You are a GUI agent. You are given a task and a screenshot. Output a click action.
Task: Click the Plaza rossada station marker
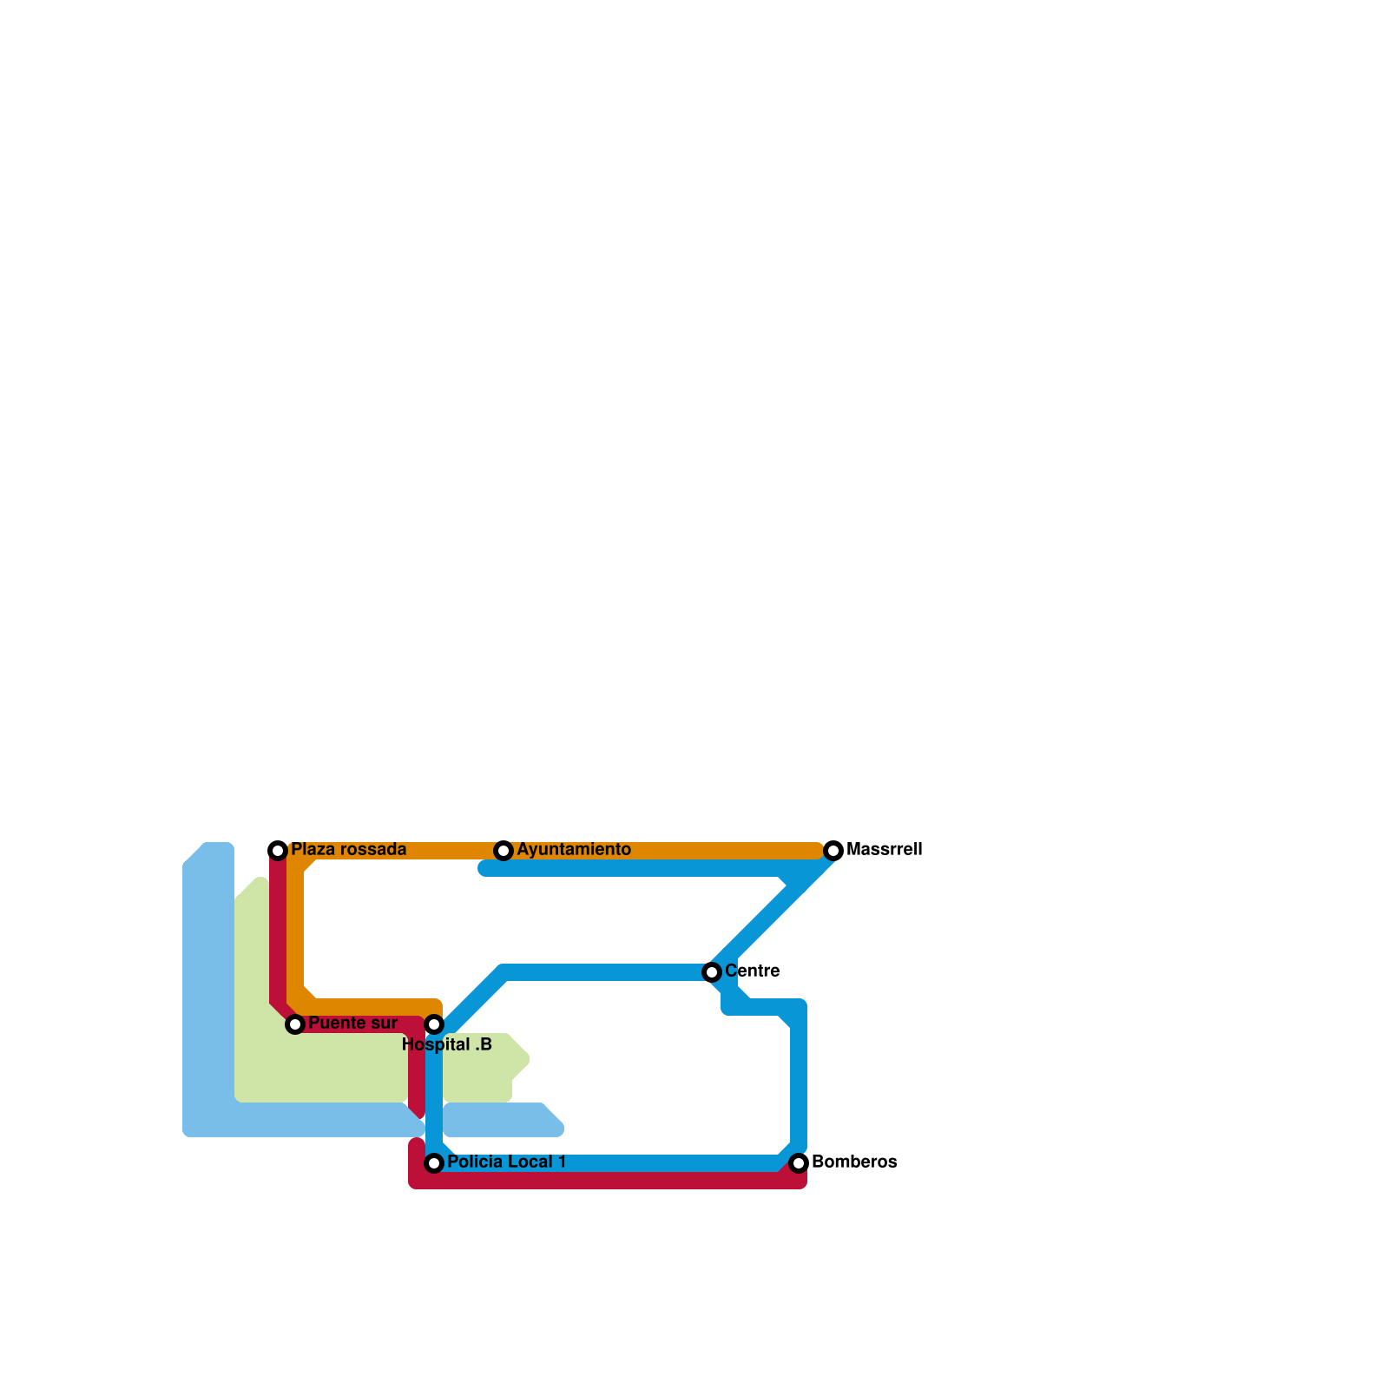(278, 850)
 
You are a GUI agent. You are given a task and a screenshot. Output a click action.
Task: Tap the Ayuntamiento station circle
(504, 850)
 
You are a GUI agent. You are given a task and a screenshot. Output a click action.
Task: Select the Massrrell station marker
(833, 850)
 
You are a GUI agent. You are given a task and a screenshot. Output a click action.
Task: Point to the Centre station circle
(712, 971)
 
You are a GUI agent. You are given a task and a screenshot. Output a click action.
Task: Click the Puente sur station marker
(295, 1024)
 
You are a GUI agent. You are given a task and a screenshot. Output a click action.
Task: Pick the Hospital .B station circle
(434, 1024)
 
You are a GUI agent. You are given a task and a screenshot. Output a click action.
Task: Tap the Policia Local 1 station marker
(434, 1162)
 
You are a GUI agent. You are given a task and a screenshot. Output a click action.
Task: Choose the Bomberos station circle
(799, 1162)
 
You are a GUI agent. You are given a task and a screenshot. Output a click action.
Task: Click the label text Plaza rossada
(348, 849)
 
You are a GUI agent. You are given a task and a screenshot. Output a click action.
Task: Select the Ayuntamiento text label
(573, 849)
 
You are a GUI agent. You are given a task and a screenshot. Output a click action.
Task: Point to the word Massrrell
(884, 849)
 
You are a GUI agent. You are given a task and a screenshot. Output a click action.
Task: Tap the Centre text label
(752, 971)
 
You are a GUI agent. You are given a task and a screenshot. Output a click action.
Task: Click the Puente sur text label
(352, 1023)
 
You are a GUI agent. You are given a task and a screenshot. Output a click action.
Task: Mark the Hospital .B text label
(447, 1045)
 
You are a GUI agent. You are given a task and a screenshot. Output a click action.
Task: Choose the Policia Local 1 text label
(506, 1162)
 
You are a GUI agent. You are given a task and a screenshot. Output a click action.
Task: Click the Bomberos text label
(854, 1162)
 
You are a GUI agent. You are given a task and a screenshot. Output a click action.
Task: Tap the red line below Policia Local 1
(608, 1181)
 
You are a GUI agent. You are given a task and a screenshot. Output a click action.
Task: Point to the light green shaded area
(330, 1068)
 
